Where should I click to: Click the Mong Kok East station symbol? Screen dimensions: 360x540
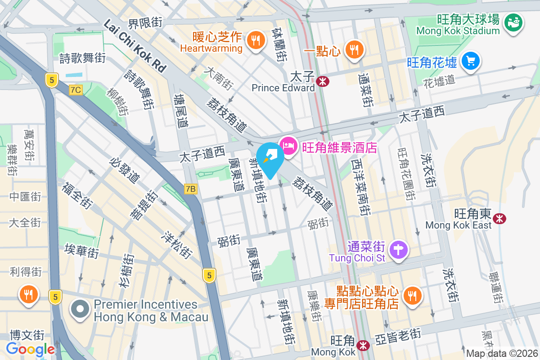coord(499,218)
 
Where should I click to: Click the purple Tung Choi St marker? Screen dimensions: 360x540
coord(398,249)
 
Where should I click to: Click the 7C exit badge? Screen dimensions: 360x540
coord(76,90)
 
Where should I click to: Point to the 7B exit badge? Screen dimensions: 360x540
coord(191,189)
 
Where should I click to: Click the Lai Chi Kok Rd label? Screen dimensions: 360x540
coord(135,46)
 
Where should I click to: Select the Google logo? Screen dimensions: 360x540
coord(30,349)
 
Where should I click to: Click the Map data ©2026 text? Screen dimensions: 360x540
coord(502,353)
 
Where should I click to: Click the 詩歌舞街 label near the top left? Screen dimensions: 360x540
coord(83,58)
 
